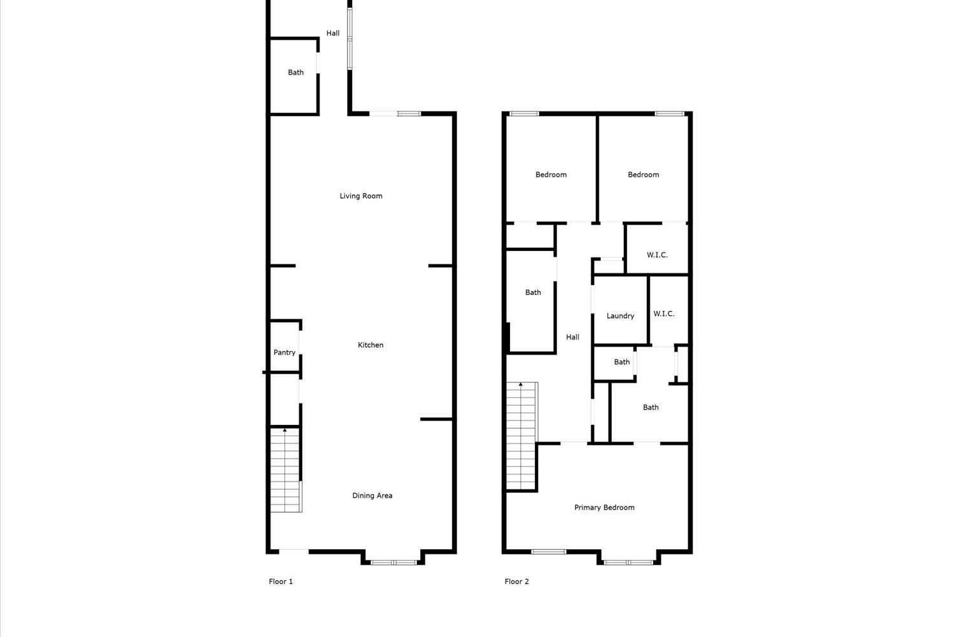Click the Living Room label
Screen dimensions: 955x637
[361, 196]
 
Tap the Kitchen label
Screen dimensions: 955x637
[371, 345]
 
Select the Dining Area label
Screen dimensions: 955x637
[372, 496]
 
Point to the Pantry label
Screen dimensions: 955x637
[285, 352]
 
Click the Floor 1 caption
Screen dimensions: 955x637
[281, 581]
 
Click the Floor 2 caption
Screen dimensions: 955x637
[517, 581]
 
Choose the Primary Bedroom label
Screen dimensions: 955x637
[604, 507]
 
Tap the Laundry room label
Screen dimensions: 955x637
[620, 316]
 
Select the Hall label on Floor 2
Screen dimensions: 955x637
[572, 337]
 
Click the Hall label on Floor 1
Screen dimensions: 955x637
[333, 33]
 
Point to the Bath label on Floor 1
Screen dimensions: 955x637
[295, 73]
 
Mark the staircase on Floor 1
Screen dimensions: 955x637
[286, 469]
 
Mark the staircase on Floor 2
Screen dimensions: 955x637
[521, 436]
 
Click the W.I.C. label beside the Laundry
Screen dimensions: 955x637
[664, 313]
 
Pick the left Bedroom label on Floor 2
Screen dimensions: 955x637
[551, 175]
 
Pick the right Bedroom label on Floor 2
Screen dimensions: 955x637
[643, 175]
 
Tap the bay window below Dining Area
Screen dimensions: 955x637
[393, 562]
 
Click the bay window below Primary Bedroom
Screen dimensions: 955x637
[629, 562]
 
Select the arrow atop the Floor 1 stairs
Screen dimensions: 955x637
[285, 430]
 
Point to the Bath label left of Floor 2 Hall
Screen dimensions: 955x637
[533, 292]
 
